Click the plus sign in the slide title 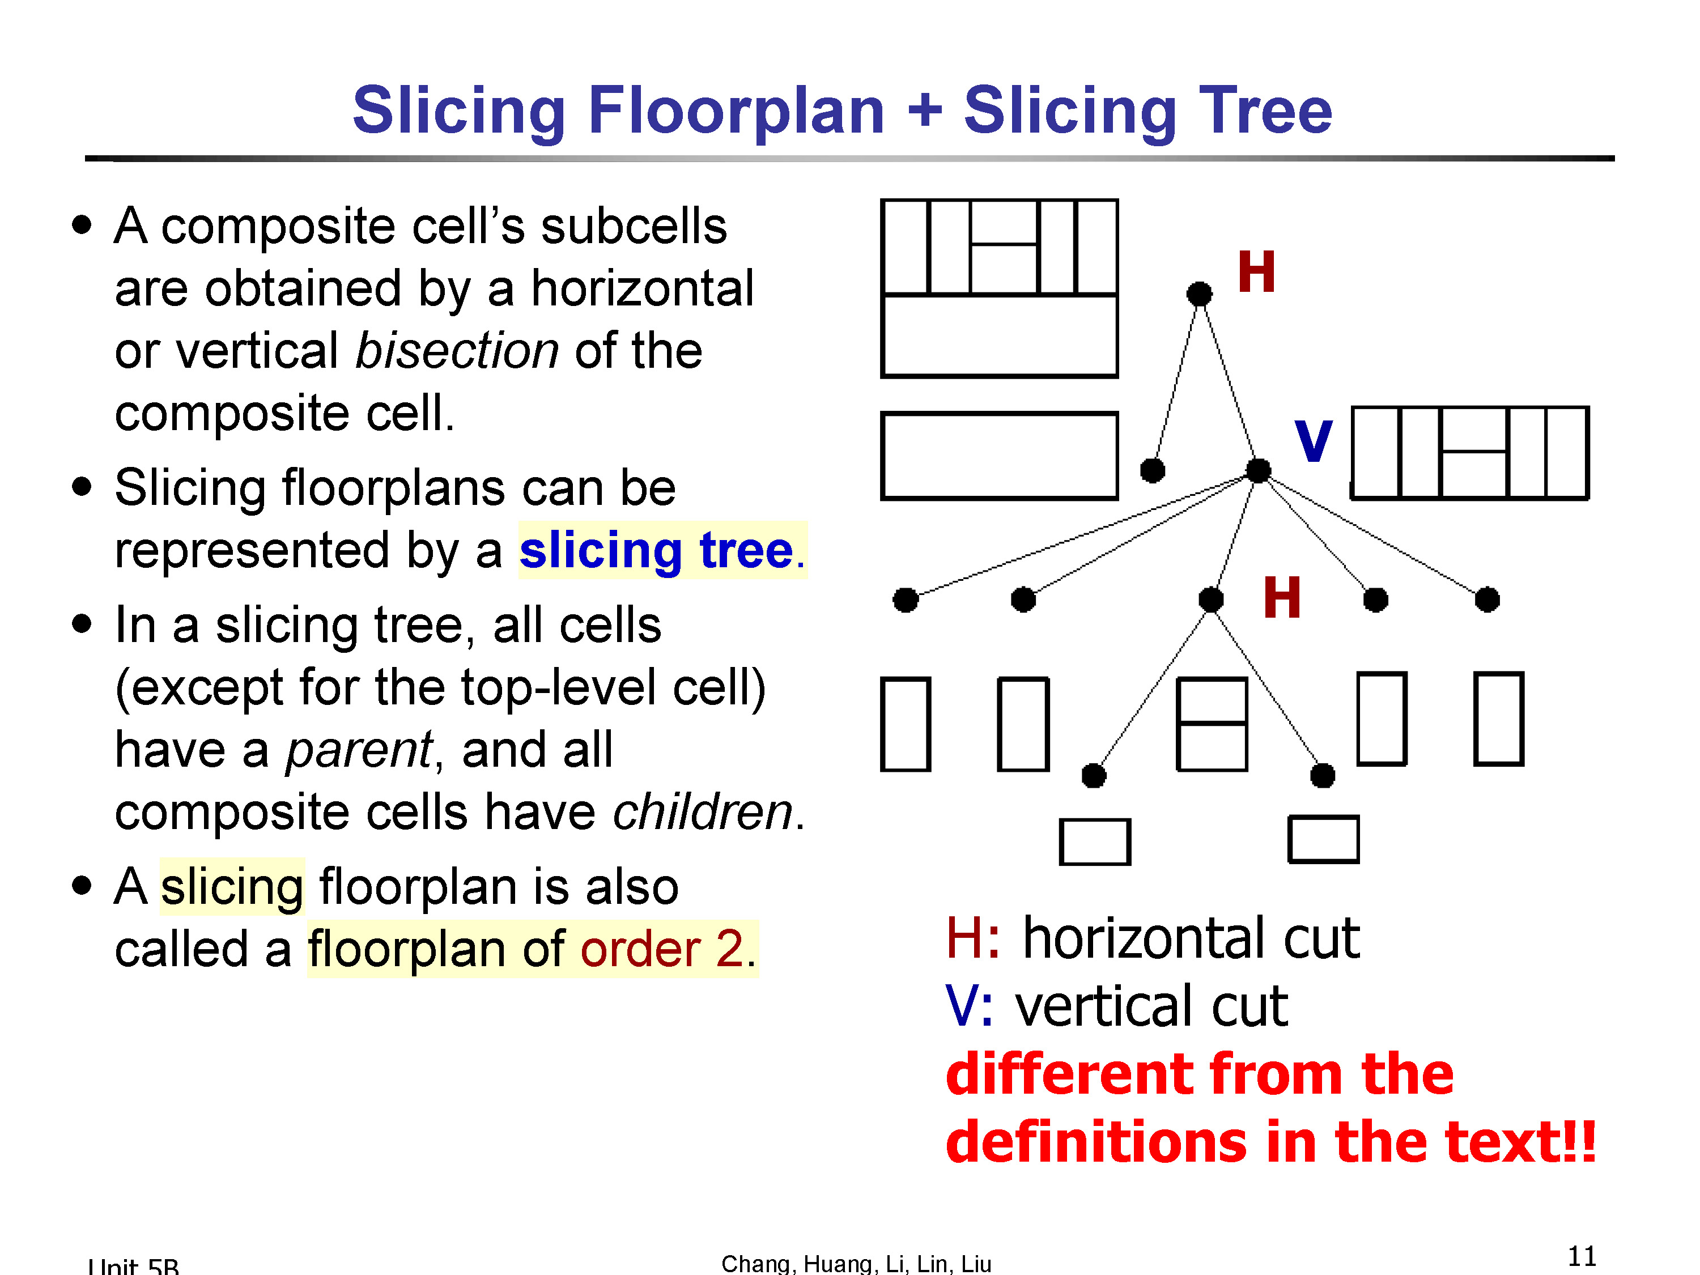[925, 110]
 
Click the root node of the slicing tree [1199, 294]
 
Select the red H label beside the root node [1256, 272]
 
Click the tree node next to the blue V [1258, 470]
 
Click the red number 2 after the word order [730, 949]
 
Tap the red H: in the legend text [973, 938]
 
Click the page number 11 [1582, 1256]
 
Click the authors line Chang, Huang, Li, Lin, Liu [856, 1264]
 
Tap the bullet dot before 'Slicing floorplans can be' [82, 486]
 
